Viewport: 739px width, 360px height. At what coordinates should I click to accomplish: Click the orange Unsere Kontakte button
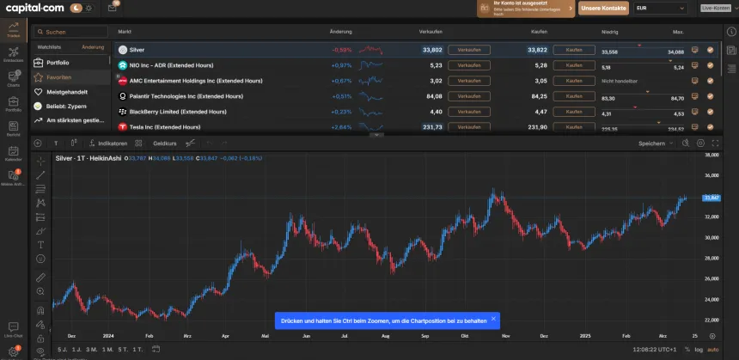coord(602,8)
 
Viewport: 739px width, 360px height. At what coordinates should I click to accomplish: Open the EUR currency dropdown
coord(660,8)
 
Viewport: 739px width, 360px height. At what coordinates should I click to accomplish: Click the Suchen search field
coord(73,32)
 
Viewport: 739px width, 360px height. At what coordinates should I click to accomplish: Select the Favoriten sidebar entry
coord(59,76)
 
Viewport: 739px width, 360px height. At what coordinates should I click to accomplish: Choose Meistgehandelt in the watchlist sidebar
coord(67,91)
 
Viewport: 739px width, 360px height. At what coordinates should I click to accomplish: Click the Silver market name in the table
coord(137,50)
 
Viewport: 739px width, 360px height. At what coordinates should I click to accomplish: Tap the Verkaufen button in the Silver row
coord(469,50)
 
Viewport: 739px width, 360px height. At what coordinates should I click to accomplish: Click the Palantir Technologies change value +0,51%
coord(341,96)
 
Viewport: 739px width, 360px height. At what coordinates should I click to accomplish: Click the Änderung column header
coord(340,31)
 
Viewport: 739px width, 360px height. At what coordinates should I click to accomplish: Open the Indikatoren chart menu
coord(112,143)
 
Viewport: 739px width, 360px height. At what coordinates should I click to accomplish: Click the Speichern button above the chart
coord(653,143)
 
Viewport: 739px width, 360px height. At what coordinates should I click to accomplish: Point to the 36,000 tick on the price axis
coord(711,176)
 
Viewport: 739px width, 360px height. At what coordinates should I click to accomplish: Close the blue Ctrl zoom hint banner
coord(493,320)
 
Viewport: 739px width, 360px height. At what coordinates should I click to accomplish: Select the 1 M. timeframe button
coord(107,350)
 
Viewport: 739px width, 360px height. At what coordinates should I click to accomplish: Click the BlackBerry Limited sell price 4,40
coord(436,112)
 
